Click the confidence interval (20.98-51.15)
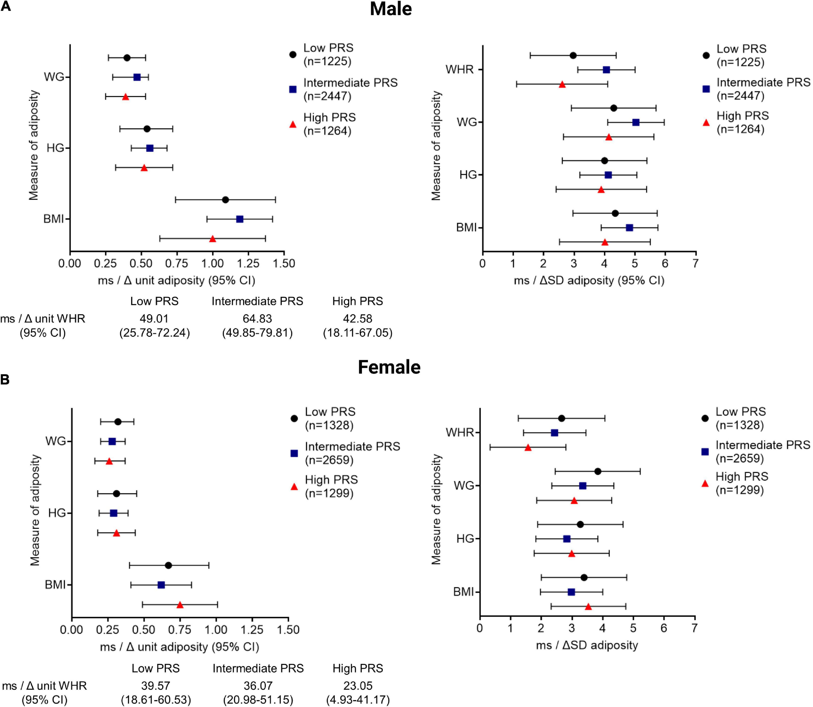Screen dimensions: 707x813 pyautogui.click(x=258, y=700)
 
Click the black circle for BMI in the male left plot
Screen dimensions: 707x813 pyautogui.click(x=225, y=200)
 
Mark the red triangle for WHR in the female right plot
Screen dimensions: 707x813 pyautogui.click(x=528, y=447)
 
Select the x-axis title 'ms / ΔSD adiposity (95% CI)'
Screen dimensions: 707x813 pyautogui.click(x=589, y=281)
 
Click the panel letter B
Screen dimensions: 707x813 pyautogui.click(x=5, y=380)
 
